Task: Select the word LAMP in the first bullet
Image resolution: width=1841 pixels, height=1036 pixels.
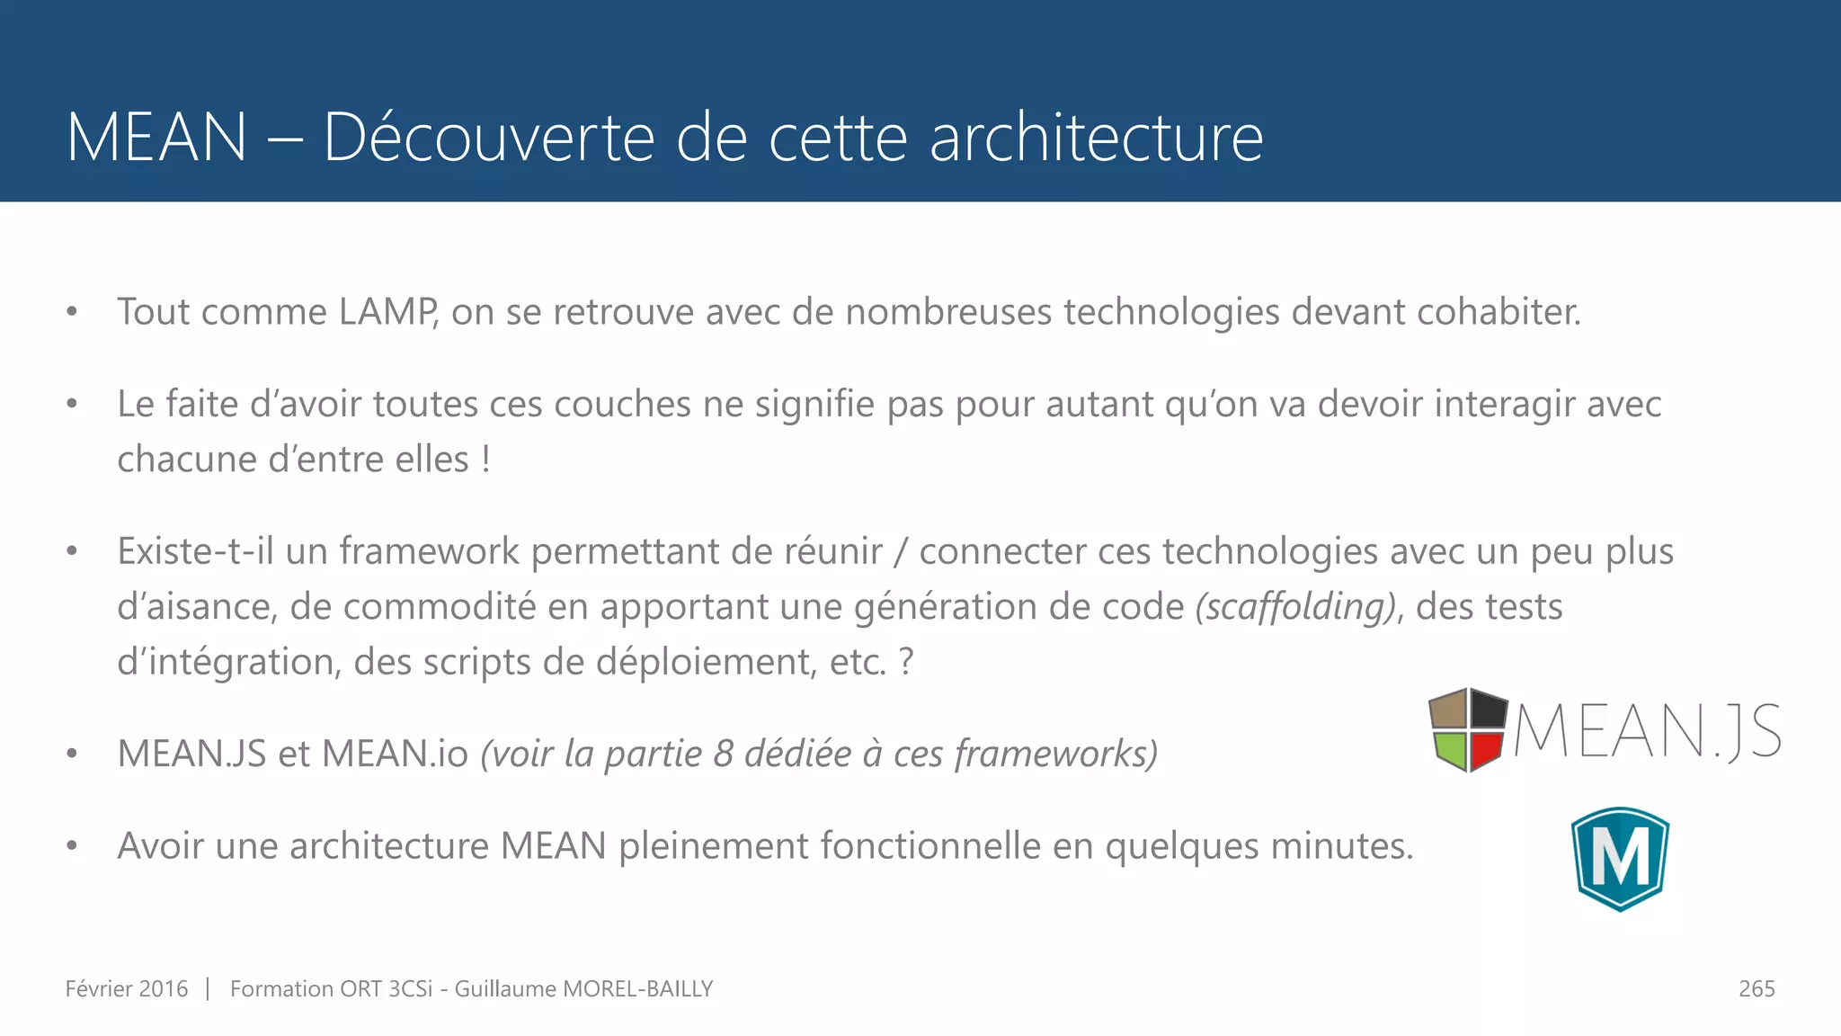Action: click(x=387, y=312)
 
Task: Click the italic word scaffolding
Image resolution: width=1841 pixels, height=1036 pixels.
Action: click(x=1295, y=607)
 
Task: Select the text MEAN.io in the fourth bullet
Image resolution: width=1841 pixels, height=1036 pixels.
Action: click(x=395, y=754)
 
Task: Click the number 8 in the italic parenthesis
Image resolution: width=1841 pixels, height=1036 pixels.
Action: click(x=724, y=754)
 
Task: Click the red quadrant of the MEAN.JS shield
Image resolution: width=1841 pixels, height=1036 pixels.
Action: click(x=1487, y=750)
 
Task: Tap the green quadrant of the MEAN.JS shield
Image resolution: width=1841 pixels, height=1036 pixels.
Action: click(x=1450, y=748)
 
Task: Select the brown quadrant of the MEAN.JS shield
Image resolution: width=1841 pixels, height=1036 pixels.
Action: click(x=1448, y=710)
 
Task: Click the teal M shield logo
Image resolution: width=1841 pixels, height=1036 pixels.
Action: click(x=1620, y=859)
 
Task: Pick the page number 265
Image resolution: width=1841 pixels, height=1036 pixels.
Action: click(x=1757, y=989)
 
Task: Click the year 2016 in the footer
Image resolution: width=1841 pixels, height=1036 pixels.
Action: click(x=164, y=989)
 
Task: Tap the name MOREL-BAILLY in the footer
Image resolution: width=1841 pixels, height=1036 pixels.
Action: click(x=637, y=989)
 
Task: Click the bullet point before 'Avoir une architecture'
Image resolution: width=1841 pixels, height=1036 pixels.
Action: click(x=72, y=846)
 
